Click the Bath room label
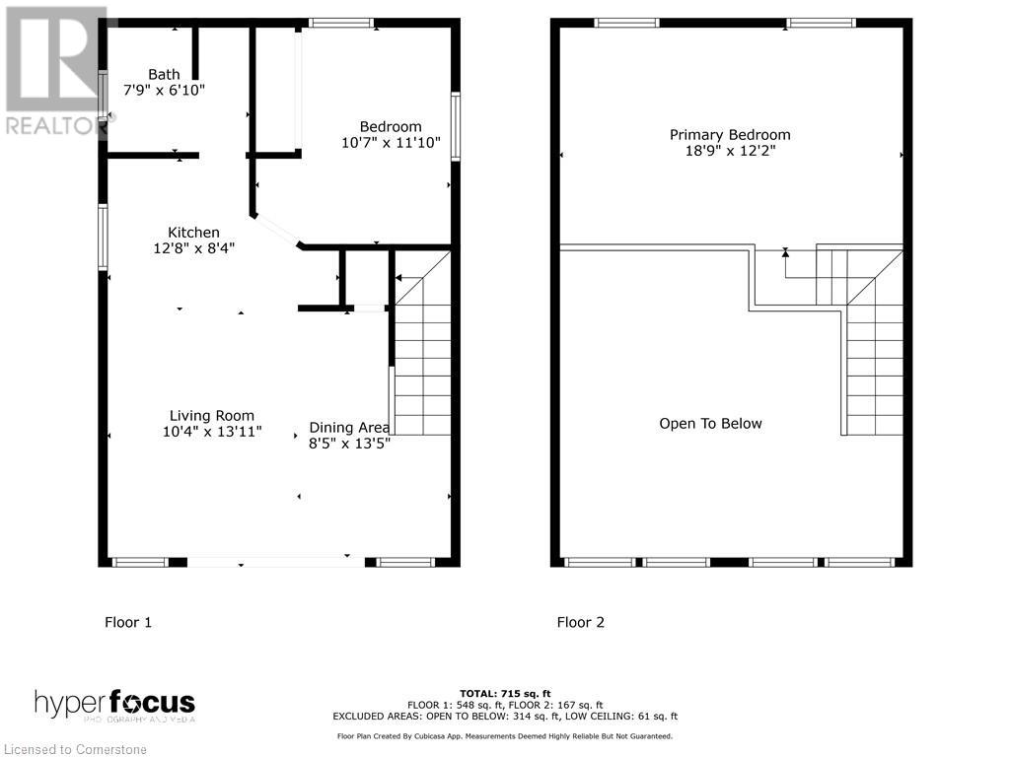tap(164, 74)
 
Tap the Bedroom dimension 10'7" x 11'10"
tap(391, 144)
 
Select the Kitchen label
tap(193, 232)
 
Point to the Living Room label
tap(211, 415)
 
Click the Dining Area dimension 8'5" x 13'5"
tap(349, 444)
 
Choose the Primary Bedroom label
tap(730, 135)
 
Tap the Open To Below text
tap(710, 424)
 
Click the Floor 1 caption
tap(128, 622)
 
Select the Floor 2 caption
tap(580, 622)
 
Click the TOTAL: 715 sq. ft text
tap(504, 693)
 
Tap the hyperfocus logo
tap(114, 705)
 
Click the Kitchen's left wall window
tap(103, 237)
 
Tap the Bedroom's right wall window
tap(455, 126)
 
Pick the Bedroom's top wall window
tap(340, 23)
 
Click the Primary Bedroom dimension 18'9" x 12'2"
tap(730, 152)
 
